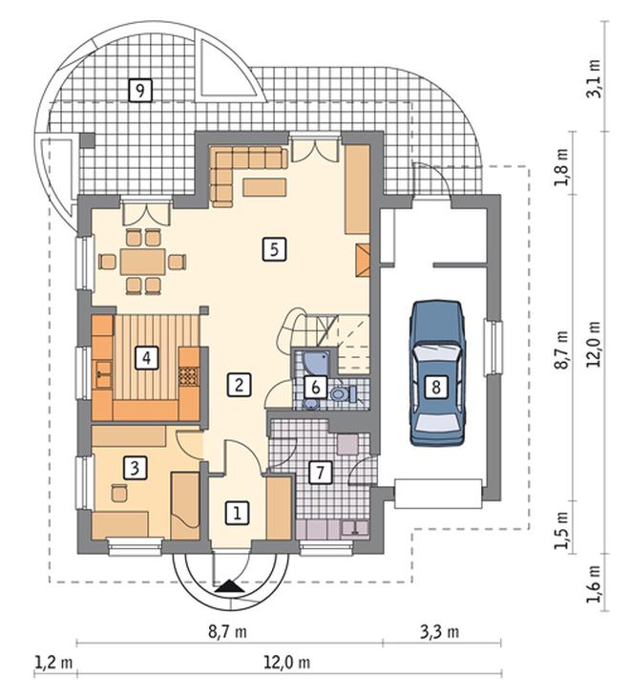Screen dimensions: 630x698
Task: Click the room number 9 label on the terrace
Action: click(140, 91)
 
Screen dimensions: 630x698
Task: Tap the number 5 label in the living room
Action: click(274, 249)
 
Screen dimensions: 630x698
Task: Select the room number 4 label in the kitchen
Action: click(146, 357)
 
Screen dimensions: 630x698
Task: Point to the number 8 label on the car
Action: click(435, 386)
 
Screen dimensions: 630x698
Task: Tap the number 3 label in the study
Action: click(135, 468)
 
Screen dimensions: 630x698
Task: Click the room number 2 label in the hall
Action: click(239, 384)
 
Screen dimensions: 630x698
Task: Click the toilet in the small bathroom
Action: click(344, 393)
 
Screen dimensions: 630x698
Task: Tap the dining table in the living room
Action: click(142, 262)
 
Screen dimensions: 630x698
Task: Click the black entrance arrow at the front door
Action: click(229, 586)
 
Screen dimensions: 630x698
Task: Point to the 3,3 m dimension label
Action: click(440, 631)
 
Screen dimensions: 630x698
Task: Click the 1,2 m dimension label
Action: click(53, 663)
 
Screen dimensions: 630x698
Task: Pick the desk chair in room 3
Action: click(119, 492)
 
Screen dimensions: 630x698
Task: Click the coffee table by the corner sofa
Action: click(264, 187)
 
